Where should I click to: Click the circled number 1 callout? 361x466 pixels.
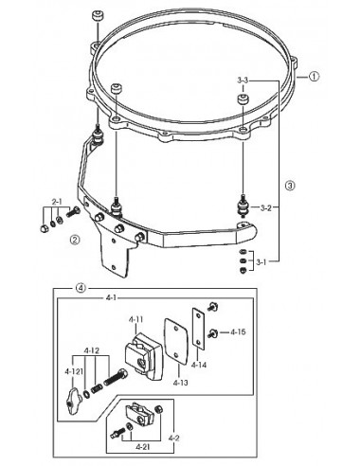[x=314, y=77]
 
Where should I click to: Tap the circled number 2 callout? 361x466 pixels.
[x=75, y=240]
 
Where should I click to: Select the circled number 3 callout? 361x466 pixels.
[x=290, y=186]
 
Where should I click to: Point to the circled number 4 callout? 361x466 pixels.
[x=81, y=288]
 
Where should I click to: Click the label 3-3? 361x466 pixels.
[x=243, y=81]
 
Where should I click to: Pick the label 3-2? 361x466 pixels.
[x=266, y=208]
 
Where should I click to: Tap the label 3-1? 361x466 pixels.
[x=261, y=261]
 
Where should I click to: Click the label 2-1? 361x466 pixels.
[x=57, y=202]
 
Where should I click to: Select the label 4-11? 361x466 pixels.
[x=135, y=319]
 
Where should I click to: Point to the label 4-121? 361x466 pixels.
[x=74, y=371]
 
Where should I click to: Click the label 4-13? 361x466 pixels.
[x=180, y=383]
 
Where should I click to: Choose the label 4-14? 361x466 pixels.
[x=199, y=365]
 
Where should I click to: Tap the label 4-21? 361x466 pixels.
[x=144, y=447]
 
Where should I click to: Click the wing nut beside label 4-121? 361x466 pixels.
[x=73, y=400]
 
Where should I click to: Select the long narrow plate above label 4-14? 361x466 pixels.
[x=198, y=329]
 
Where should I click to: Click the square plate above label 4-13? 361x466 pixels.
[x=175, y=341]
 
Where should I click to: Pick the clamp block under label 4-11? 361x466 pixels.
[x=142, y=354]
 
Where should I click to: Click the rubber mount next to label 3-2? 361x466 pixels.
[x=244, y=207]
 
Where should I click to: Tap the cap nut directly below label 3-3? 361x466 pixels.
[x=243, y=99]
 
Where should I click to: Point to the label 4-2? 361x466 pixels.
[x=174, y=438]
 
